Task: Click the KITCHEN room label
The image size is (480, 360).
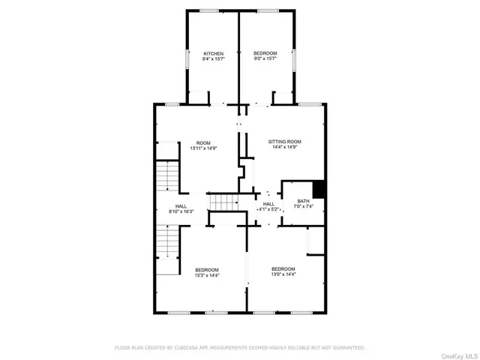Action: [x=214, y=54]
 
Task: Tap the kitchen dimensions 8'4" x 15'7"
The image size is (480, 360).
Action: [x=214, y=60]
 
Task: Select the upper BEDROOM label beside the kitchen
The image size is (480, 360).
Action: [x=265, y=54]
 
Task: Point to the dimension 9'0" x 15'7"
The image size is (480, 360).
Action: [x=265, y=60]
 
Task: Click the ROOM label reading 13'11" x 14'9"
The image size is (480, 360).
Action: [x=203, y=143]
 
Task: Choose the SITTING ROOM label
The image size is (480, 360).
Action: [x=285, y=142]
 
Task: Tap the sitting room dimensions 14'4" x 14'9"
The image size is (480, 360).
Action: [x=285, y=148]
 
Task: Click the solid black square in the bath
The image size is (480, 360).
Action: [x=319, y=189]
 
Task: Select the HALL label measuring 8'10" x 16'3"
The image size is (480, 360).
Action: [x=181, y=207]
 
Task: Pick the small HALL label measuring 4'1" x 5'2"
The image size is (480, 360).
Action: [x=268, y=204]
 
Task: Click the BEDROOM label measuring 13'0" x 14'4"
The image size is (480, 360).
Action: [x=283, y=269]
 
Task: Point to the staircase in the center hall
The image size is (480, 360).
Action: [x=223, y=202]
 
